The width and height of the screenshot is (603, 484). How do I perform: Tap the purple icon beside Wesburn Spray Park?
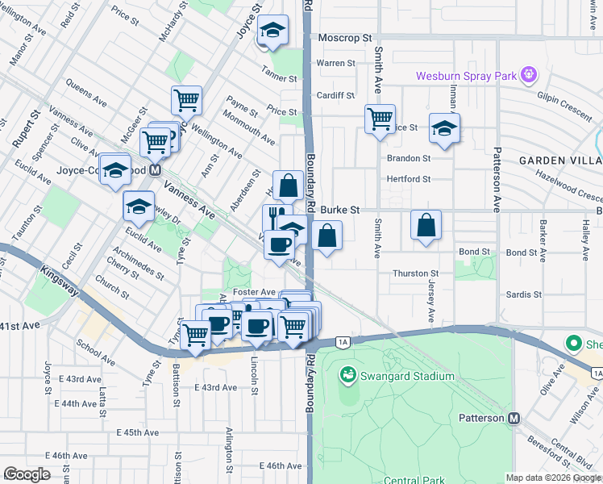(x=529, y=77)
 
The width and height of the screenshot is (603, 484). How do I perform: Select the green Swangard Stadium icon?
(x=348, y=375)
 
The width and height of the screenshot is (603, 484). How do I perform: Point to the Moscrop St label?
(x=344, y=38)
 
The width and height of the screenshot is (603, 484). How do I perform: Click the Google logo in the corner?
(x=27, y=474)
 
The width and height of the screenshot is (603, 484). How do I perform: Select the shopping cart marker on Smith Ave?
(x=380, y=120)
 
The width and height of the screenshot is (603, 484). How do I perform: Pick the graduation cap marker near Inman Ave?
(x=443, y=127)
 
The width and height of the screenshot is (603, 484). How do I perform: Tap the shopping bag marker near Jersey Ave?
(x=426, y=225)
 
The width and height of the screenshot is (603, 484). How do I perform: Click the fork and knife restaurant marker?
(x=275, y=217)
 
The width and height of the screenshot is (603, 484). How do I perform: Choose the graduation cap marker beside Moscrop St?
(x=273, y=31)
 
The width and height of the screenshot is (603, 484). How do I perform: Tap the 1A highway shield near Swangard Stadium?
(x=343, y=342)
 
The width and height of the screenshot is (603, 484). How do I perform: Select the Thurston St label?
(x=415, y=274)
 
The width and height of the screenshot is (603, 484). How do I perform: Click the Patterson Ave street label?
(x=497, y=177)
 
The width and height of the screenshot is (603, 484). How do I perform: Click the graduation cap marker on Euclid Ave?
(x=139, y=207)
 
